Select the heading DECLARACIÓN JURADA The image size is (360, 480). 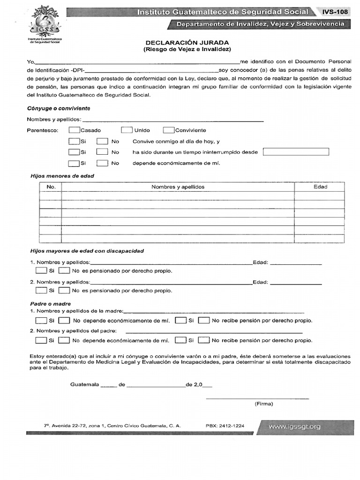coord(187,41)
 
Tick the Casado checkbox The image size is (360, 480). coord(74,130)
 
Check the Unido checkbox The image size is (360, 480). coord(127,130)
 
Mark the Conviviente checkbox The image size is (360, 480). coord(169,130)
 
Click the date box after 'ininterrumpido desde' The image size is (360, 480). coord(296,152)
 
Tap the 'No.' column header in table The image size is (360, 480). coord(51,187)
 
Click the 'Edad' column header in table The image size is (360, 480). coord(320,187)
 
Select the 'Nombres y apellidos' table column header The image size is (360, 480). coord(178,187)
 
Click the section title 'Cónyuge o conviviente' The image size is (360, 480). coord(59,108)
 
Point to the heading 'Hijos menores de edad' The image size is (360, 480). coord(62,176)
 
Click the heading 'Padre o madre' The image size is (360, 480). coord(51,304)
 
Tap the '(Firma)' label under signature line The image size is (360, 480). coord(264,403)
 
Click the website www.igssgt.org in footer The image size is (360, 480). coord(295,427)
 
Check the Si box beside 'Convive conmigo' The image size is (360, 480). coord(74,141)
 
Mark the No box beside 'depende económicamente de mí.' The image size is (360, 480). coord(102,163)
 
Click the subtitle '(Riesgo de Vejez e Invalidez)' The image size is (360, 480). coord(187,49)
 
